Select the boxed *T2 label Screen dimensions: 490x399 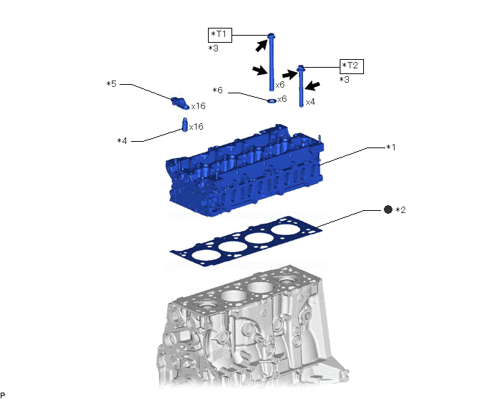point(351,66)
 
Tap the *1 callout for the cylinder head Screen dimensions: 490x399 point(390,148)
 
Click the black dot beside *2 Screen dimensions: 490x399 point(387,209)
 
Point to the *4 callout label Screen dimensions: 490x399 point(122,141)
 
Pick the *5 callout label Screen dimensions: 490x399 point(111,84)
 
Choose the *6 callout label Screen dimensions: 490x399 point(218,91)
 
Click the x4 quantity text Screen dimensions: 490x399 point(311,103)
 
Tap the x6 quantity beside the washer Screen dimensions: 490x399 point(282,99)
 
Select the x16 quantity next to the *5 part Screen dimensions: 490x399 point(198,106)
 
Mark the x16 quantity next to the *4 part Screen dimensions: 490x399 point(197,127)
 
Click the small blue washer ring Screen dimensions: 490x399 point(272,100)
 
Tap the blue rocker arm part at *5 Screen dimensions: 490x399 point(179,100)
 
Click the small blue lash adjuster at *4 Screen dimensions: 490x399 point(184,125)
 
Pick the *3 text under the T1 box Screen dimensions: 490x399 point(214,48)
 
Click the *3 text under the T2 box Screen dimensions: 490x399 point(345,81)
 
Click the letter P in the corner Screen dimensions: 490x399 point(4,394)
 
